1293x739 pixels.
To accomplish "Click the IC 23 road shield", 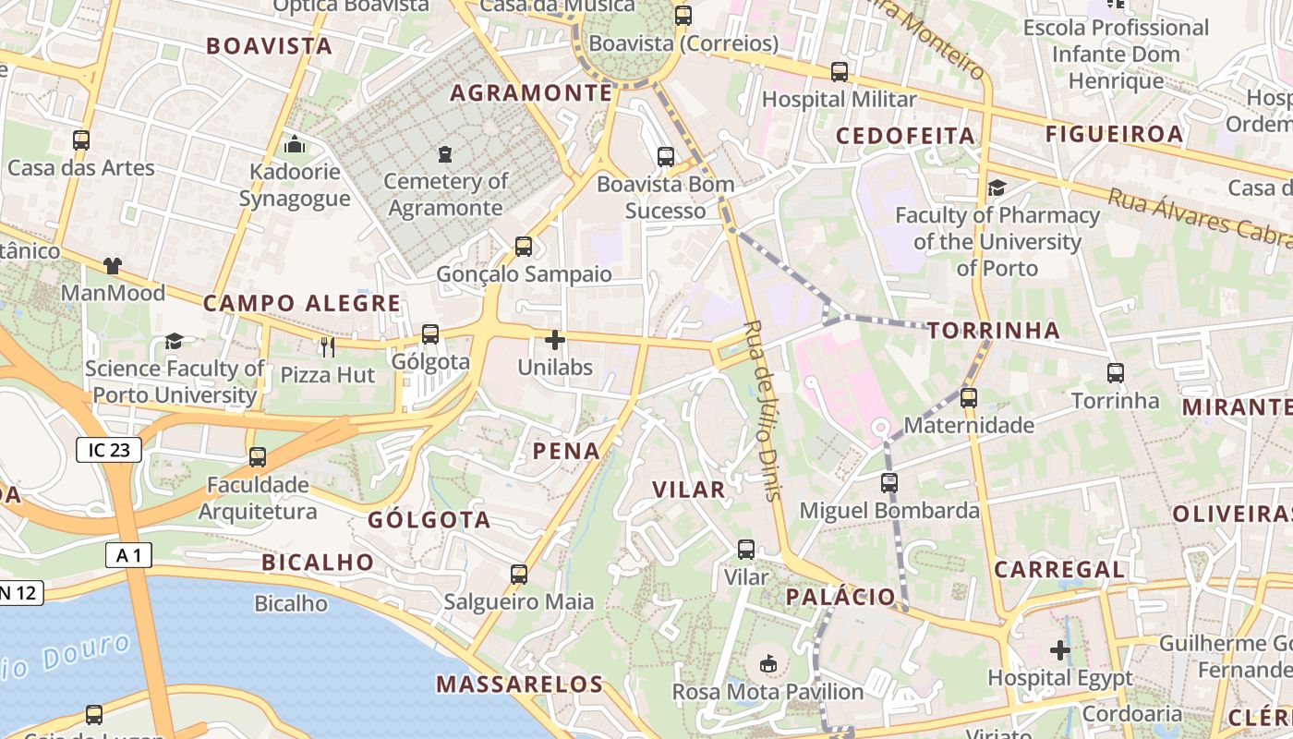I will (109, 450).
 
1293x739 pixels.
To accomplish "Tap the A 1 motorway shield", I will (128, 554).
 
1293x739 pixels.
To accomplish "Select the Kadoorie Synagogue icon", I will (295, 144).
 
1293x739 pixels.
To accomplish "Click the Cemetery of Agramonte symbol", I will (446, 153).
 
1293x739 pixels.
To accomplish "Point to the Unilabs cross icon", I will (554, 340).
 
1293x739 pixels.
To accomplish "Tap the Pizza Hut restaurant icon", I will (327, 347).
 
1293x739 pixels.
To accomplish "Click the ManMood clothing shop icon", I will (113, 266).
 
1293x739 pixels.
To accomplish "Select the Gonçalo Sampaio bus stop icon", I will (524, 247).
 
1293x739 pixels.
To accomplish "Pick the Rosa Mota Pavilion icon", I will (767, 663).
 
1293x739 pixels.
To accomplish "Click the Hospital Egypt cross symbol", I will (1060, 650).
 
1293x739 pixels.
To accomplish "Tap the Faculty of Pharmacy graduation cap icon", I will (997, 188).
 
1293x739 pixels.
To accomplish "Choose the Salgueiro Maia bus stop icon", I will (519, 575).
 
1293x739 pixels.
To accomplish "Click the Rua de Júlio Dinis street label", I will (763, 410).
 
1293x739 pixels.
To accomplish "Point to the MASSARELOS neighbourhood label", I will (519, 684).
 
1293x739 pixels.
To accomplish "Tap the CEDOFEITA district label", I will (905, 136).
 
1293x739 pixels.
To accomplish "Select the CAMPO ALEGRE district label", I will (302, 303).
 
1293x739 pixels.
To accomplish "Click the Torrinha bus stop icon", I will (1116, 373).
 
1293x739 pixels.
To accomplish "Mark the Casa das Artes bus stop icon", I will (81, 140).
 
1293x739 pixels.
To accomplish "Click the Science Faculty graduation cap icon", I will (174, 342).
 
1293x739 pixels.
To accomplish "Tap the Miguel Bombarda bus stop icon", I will (889, 482).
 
